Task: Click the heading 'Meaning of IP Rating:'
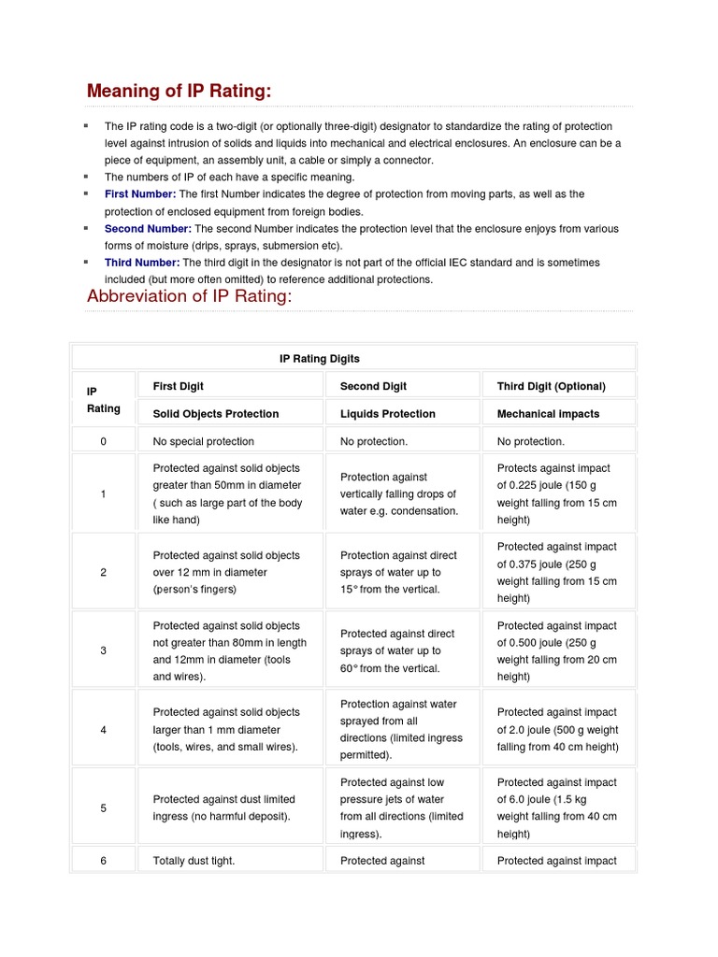click(x=179, y=91)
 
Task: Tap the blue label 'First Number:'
click(x=140, y=194)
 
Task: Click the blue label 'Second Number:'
click(x=148, y=229)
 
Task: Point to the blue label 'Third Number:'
click(x=142, y=263)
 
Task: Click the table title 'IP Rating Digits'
click(x=320, y=359)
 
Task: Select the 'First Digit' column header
click(x=179, y=386)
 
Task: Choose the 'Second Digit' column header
click(x=373, y=386)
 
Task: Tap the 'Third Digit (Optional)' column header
click(x=552, y=386)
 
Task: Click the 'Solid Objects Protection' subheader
click(x=216, y=414)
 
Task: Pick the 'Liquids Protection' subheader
click(x=388, y=414)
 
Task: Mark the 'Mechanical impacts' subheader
click(x=549, y=414)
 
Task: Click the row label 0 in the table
click(x=103, y=441)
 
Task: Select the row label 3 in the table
click(x=103, y=650)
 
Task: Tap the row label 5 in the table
click(x=103, y=807)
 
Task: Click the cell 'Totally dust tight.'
click(x=194, y=861)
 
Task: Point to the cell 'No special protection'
click(x=204, y=441)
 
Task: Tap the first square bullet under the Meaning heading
click(x=85, y=125)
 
